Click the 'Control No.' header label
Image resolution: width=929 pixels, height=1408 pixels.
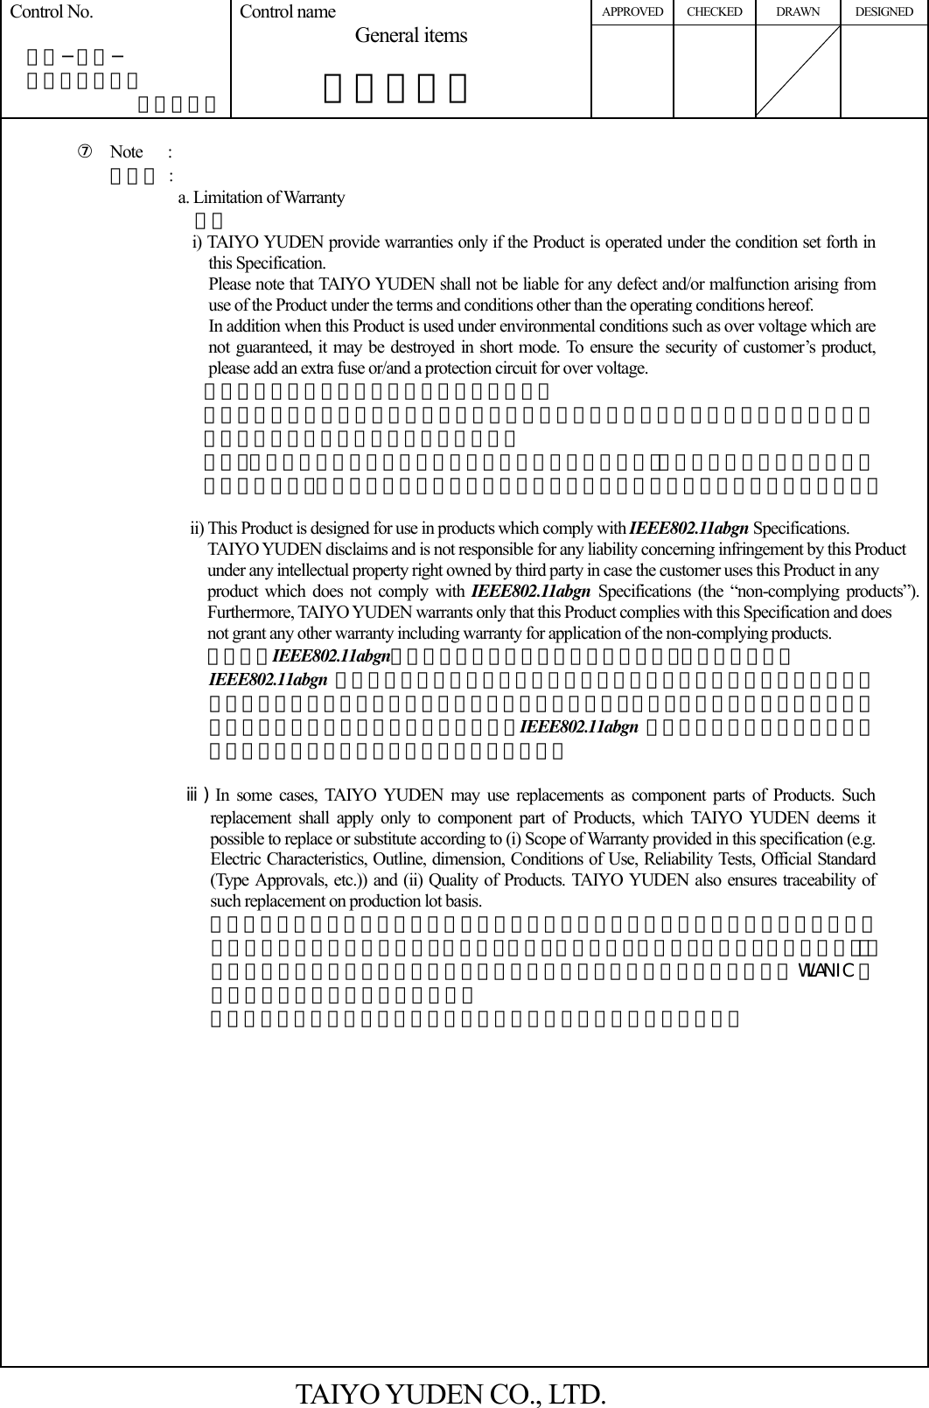[x=51, y=12]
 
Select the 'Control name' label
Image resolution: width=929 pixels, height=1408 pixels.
[x=287, y=12]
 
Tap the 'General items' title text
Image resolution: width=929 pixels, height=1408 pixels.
[x=411, y=36]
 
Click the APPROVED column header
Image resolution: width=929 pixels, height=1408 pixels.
[x=632, y=12]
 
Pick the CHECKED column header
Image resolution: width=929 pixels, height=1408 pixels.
[x=714, y=12]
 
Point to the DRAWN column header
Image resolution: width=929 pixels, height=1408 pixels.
[x=797, y=12]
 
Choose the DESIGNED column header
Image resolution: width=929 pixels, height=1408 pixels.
[x=884, y=12]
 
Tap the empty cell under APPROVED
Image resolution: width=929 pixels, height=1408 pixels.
[x=632, y=71]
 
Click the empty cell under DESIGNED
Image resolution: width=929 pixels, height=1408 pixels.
[x=884, y=71]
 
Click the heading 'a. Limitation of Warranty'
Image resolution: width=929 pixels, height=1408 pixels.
[x=261, y=198]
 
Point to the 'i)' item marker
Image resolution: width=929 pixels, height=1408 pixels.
[x=198, y=242]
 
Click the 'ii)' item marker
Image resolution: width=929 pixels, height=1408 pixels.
[x=197, y=529]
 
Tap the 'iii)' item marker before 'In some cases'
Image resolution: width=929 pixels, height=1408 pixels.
[x=197, y=795]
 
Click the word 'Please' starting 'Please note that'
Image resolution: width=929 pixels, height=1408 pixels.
[x=227, y=284]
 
